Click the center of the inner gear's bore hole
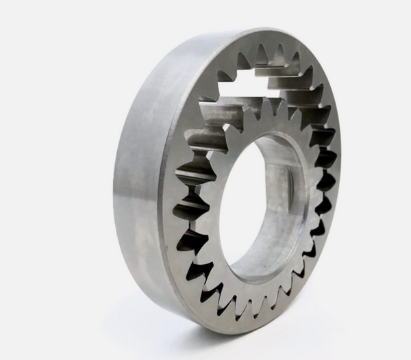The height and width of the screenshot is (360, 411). tap(259, 205)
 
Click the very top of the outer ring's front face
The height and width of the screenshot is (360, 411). tap(274, 38)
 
